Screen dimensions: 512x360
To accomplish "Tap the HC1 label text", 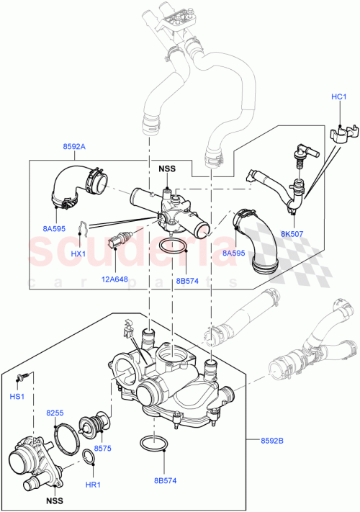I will point(338,98).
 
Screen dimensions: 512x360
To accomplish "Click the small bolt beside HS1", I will point(24,377).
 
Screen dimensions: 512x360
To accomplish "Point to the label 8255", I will point(55,413).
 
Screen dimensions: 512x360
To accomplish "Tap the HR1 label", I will point(91,485).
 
